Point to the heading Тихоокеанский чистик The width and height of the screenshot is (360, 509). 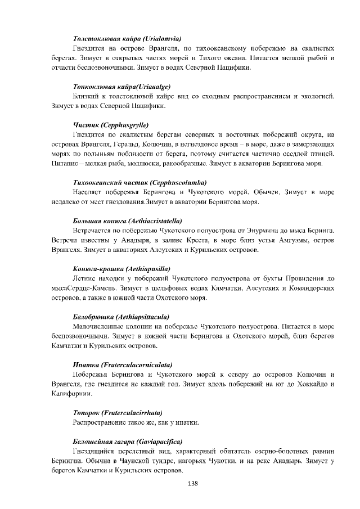click(140, 183)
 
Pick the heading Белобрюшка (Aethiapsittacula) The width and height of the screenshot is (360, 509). click(122, 317)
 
